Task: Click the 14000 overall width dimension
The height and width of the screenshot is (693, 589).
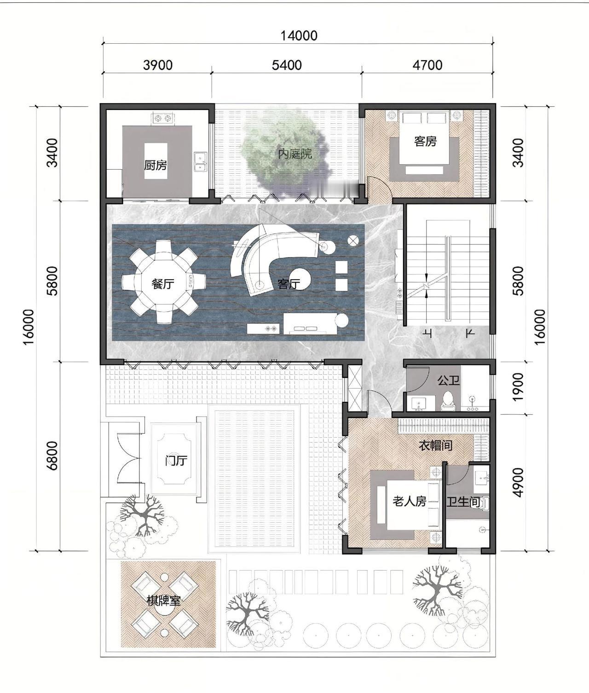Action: point(299,35)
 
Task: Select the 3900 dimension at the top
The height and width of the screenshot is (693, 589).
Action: point(158,65)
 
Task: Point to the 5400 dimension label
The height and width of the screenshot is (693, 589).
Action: point(287,65)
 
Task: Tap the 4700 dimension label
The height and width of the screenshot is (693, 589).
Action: point(427,65)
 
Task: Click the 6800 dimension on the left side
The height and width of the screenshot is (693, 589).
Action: point(52,456)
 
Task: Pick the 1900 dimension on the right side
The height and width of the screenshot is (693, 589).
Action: point(518,387)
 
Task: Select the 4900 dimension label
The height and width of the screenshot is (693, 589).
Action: point(518,482)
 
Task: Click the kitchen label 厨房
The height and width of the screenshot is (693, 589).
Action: point(155,165)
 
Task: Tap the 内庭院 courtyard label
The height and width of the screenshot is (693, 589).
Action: point(295,154)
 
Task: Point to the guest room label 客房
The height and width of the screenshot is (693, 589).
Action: point(425,141)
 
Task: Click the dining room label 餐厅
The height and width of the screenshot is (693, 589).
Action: point(163,284)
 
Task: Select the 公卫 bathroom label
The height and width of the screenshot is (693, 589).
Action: point(449,380)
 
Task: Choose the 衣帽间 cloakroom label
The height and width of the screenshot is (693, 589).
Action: point(436,446)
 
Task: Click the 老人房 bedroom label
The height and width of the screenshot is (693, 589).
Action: point(409,501)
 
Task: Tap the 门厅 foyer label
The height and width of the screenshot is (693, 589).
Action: point(176,461)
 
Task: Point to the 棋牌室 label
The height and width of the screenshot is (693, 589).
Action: point(164,601)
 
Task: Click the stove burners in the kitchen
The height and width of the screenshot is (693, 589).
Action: point(162,118)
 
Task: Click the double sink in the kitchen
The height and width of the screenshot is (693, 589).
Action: point(201,162)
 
